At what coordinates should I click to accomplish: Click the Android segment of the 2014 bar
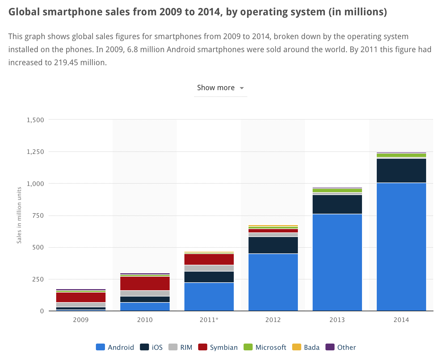[x=401, y=247]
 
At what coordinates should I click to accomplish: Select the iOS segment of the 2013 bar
[x=337, y=204]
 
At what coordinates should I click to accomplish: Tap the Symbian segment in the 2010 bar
[x=145, y=283]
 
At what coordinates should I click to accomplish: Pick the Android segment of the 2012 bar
[x=273, y=282]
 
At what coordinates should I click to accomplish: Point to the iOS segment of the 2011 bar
[x=209, y=277]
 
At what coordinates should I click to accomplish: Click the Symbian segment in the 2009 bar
[x=81, y=297]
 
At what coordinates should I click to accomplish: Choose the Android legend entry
[x=115, y=347]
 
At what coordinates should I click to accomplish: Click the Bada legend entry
[x=306, y=347]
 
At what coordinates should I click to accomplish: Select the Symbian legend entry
[x=218, y=347]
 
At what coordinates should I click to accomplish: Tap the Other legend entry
[x=340, y=347]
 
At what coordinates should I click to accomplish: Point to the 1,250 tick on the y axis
[x=35, y=152]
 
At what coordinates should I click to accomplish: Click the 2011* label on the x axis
[x=209, y=320]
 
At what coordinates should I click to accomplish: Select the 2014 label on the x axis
[x=401, y=320]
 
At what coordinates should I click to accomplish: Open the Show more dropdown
[x=220, y=88]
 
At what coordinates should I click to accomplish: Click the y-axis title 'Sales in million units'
[x=19, y=215]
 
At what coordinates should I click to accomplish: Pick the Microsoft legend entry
[x=265, y=347]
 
